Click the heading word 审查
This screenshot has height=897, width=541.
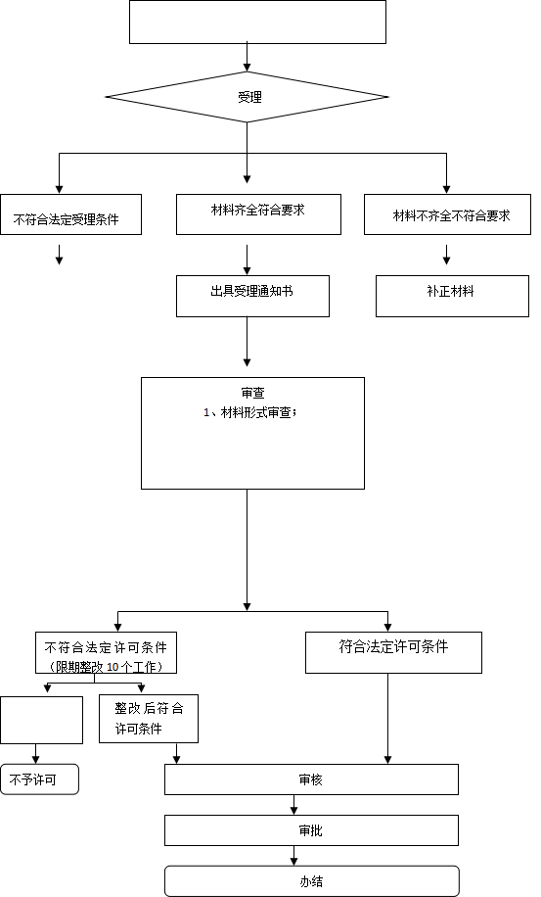252,393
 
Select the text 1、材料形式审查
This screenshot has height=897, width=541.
248,413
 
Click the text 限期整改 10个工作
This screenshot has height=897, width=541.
106,667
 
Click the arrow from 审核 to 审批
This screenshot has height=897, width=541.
294,805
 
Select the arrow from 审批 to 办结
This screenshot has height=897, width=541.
294,856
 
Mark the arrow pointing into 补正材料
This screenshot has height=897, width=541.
447,256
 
